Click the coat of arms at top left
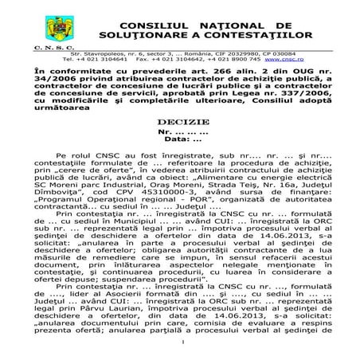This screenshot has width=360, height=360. tap(57, 29)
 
